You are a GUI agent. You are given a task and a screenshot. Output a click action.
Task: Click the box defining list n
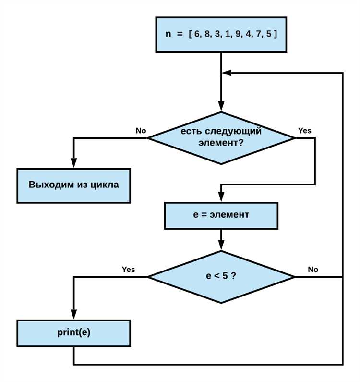coord(221,35)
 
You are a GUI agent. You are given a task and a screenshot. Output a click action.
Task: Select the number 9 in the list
coord(237,35)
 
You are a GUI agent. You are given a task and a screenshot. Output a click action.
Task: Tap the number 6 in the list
coord(197,35)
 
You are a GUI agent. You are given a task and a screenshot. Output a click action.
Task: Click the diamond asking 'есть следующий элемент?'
coord(221,138)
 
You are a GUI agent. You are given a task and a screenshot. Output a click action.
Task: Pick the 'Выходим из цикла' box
coord(73,185)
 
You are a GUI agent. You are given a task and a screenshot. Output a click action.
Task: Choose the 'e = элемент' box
coord(221,215)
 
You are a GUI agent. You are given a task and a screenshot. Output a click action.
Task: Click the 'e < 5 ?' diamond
coord(221,277)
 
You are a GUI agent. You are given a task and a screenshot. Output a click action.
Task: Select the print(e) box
coord(73,333)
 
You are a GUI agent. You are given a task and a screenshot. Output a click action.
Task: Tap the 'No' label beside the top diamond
coord(141,131)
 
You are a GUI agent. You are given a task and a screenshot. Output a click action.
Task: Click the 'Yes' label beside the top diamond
coord(304,131)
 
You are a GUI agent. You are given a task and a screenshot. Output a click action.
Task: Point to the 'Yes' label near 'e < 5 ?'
coord(128,270)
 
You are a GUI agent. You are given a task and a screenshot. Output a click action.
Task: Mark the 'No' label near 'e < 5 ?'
coord(312,270)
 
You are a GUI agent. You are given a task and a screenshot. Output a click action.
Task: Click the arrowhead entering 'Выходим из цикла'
coord(73,164)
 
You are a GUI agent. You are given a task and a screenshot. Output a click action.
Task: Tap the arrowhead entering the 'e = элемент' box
coord(221,197)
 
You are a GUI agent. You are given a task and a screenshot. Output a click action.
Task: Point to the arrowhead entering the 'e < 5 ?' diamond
coord(221,246)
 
